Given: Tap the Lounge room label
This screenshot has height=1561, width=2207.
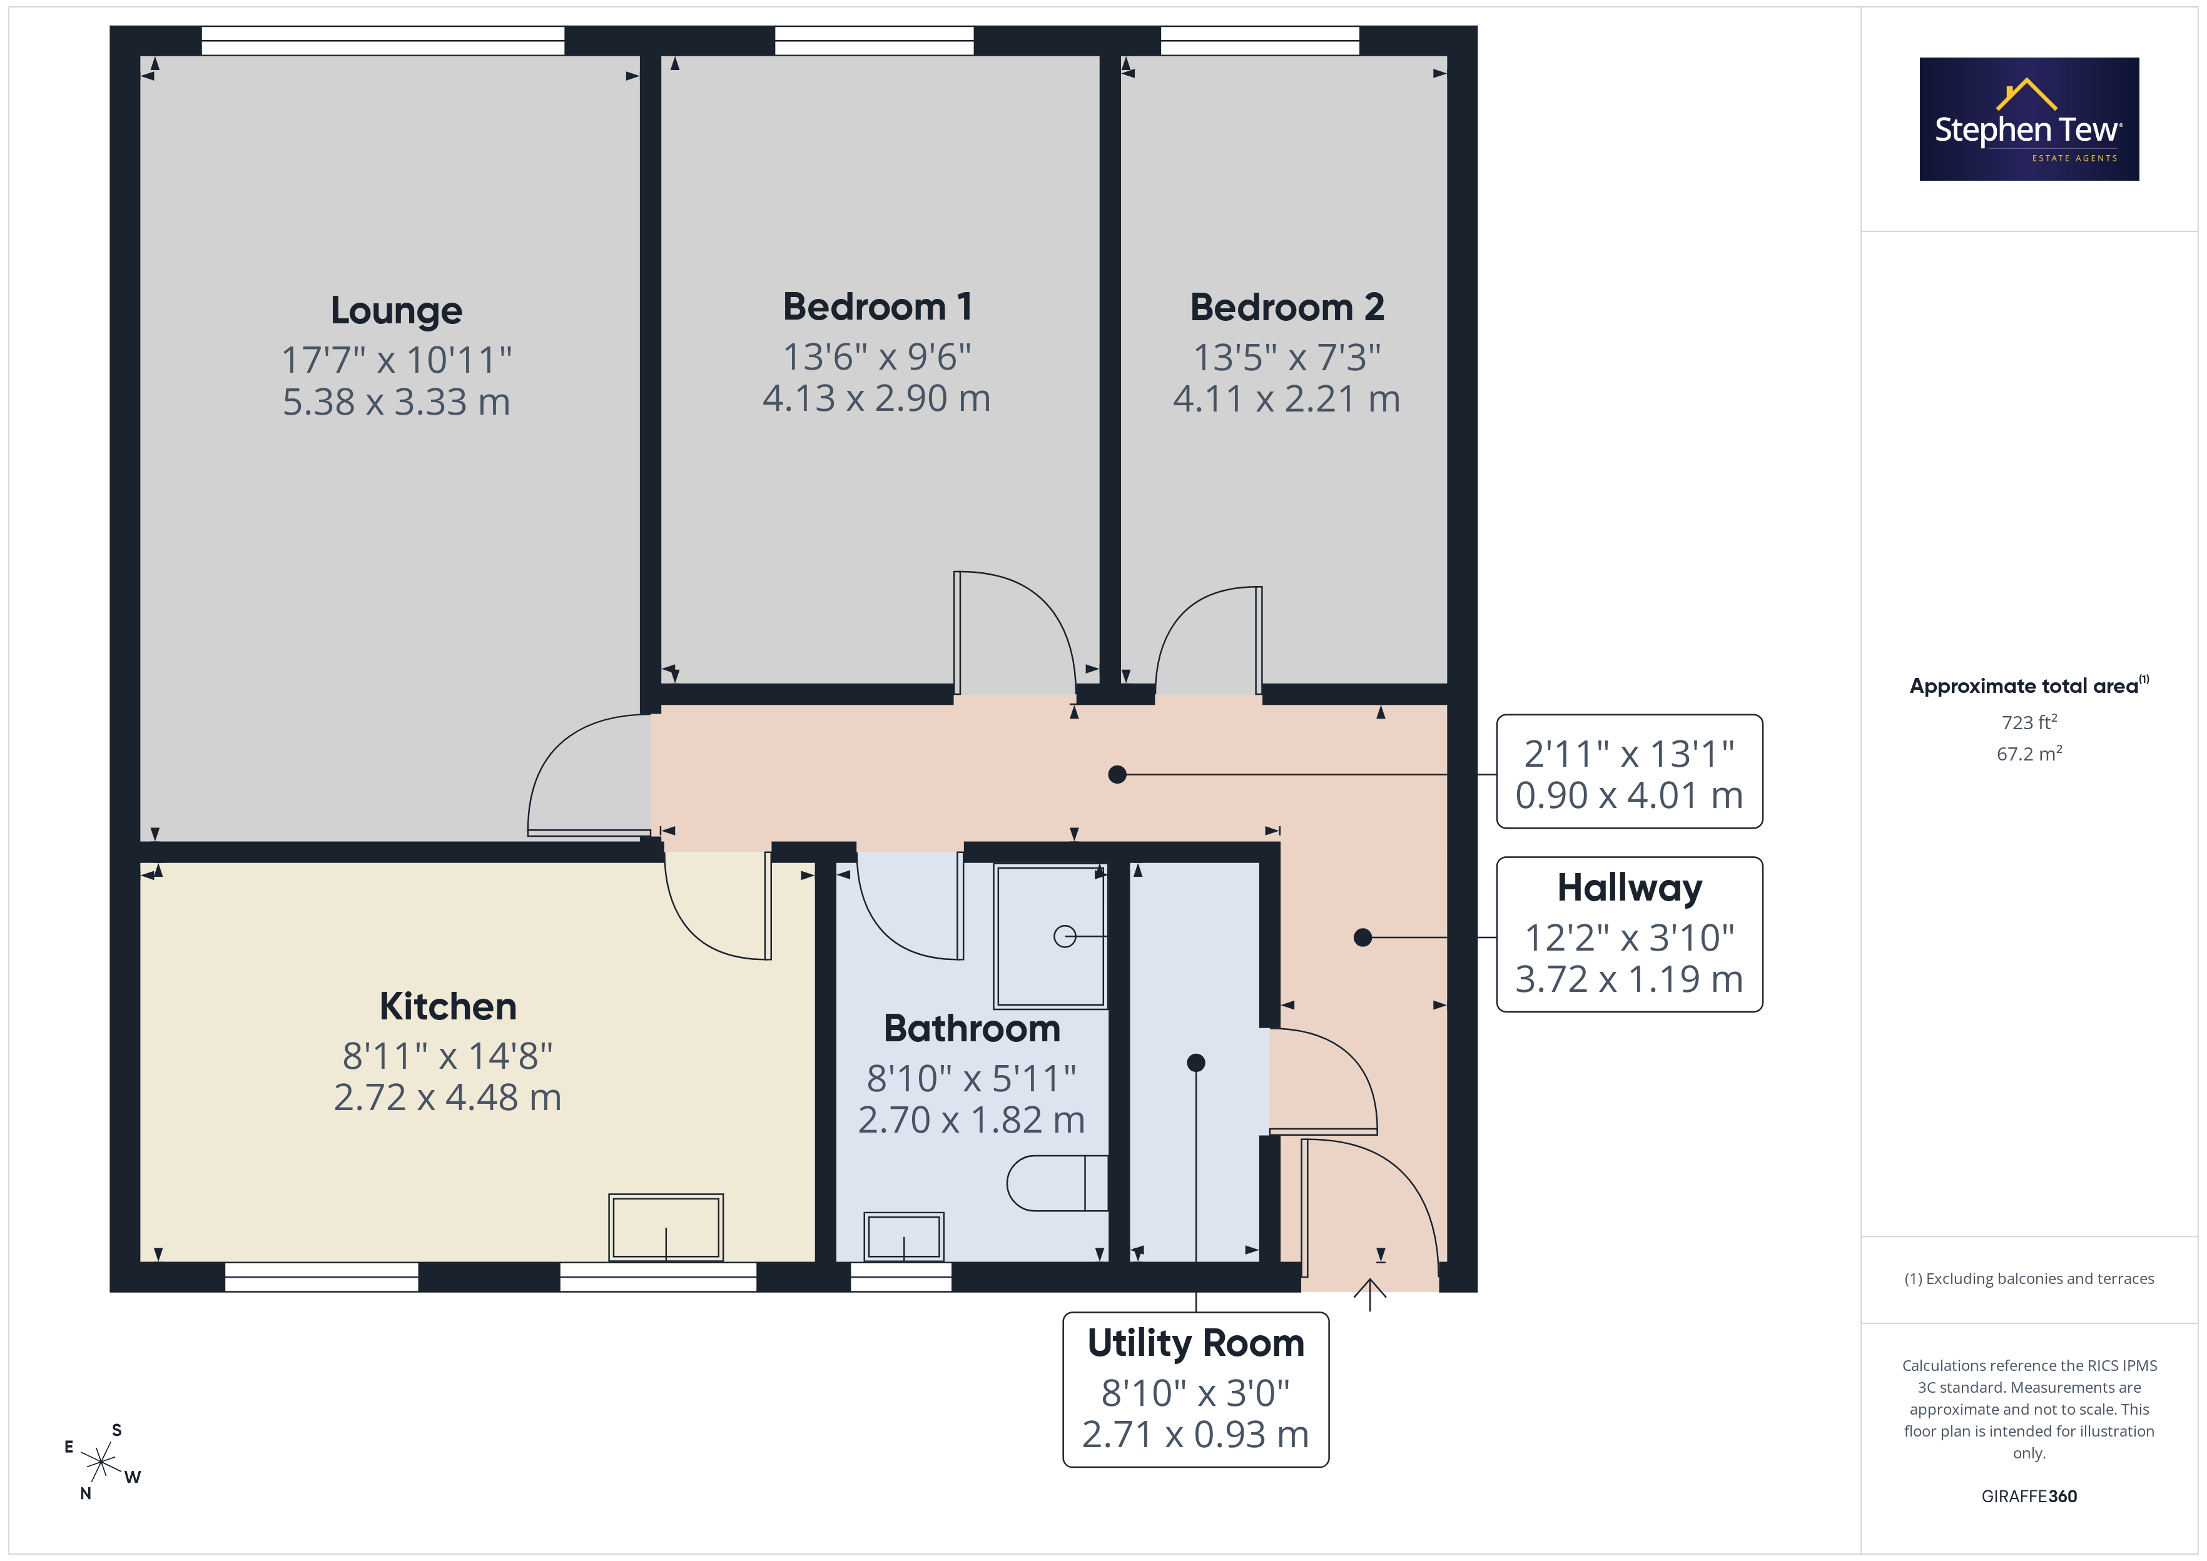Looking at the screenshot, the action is (x=396, y=310).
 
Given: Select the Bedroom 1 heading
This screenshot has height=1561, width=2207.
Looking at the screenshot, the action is (x=878, y=306).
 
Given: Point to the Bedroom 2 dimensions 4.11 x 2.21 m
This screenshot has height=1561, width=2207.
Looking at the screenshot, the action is (x=1286, y=398).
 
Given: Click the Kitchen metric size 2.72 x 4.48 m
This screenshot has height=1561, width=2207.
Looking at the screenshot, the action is (x=447, y=1097).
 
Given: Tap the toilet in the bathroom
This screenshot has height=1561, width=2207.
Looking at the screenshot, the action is (x=1057, y=1182).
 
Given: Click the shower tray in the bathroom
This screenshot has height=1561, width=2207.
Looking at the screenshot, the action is (x=1050, y=936).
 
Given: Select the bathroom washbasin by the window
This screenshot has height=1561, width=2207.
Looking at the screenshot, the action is (x=903, y=1236).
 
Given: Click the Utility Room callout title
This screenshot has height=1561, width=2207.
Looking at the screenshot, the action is (x=1196, y=1343).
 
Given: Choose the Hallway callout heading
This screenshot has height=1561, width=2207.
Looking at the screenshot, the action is (x=1630, y=887).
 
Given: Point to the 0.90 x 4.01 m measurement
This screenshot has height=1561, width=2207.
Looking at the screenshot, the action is (x=1630, y=795).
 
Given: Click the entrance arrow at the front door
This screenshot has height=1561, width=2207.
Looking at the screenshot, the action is (x=1370, y=1294).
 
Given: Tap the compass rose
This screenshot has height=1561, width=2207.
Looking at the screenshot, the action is (x=100, y=1462).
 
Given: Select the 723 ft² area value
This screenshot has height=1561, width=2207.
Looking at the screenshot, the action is (x=2029, y=722).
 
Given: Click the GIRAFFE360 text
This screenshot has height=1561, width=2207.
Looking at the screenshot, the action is (x=2029, y=1497).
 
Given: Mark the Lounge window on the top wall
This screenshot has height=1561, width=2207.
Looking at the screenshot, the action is (x=383, y=41).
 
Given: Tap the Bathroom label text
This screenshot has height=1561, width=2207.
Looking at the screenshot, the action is (x=972, y=1029).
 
